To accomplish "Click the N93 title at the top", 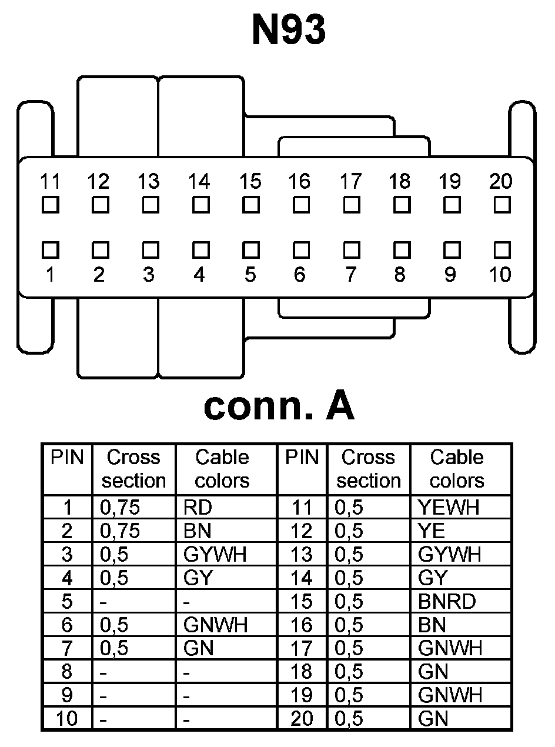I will click(x=288, y=31).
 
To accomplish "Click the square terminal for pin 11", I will click(x=51, y=205).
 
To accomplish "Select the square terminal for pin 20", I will click(x=501, y=205).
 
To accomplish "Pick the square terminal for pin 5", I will click(x=251, y=249).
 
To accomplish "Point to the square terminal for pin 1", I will click(x=51, y=249).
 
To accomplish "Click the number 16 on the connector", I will click(x=300, y=182).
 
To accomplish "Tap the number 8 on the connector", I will click(x=400, y=275).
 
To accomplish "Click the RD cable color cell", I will click(x=198, y=507).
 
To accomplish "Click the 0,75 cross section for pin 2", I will click(x=120, y=531).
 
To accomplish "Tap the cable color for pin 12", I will click(x=432, y=531).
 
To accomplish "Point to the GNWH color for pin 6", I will click(x=215, y=625).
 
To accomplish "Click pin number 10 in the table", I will click(x=66, y=719).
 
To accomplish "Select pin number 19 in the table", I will click(x=302, y=695).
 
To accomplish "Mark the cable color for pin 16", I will click(x=432, y=625).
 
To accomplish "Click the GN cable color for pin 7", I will click(x=198, y=648).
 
